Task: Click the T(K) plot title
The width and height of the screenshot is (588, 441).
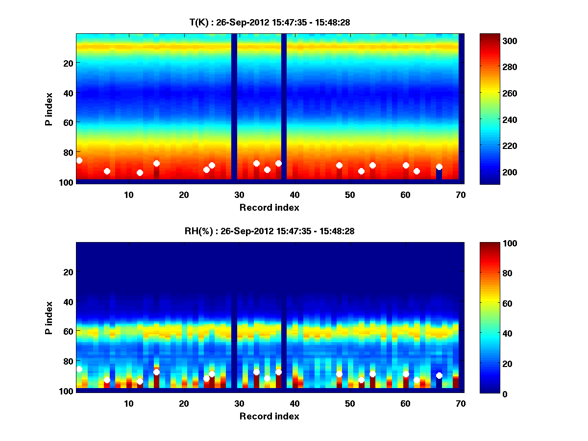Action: click(269, 22)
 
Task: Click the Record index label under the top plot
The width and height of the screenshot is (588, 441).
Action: click(269, 207)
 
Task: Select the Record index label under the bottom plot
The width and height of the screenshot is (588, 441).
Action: click(269, 416)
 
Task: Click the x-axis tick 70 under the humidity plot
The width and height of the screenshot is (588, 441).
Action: click(461, 403)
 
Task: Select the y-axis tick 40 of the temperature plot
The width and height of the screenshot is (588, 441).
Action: click(68, 93)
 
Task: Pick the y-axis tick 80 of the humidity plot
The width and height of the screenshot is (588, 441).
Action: click(68, 361)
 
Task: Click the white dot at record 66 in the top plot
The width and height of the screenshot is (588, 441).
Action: click(439, 167)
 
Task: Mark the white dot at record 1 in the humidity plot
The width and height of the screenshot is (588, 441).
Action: click(79, 369)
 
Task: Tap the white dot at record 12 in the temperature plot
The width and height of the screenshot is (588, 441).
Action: click(140, 172)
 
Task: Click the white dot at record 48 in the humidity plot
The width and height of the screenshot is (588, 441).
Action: click(339, 374)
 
